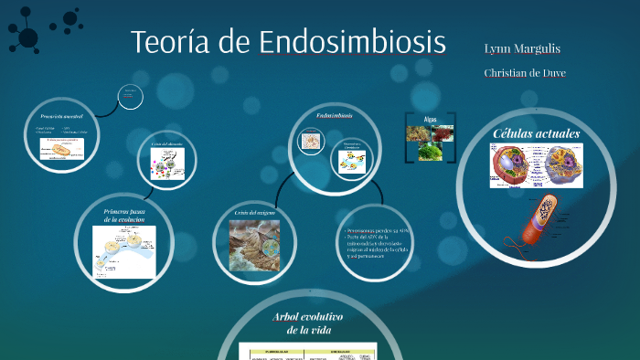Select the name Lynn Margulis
522,48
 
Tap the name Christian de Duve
526,72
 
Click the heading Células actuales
537,133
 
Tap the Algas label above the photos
431,119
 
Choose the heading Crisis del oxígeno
254,212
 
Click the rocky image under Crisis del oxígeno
253,245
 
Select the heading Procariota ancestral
62,117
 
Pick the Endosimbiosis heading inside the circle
334,116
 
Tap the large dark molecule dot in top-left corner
27,37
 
